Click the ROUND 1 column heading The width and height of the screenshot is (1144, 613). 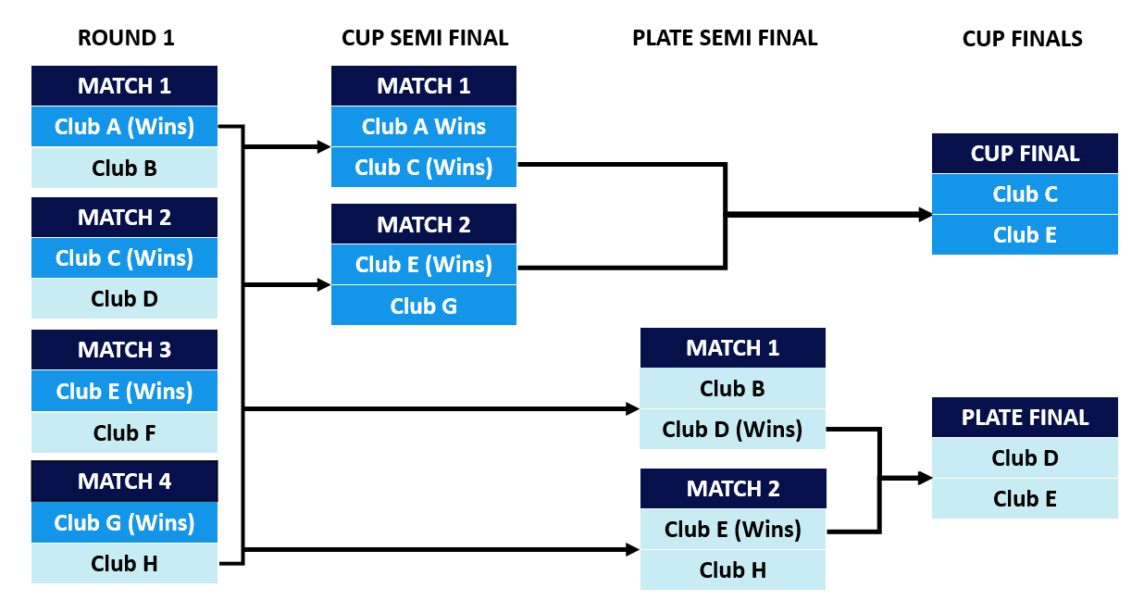(x=126, y=38)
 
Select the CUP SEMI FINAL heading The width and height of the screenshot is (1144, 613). (x=425, y=38)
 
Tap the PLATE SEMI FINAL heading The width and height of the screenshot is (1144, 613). (x=725, y=38)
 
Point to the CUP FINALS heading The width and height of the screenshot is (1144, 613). (x=1022, y=38)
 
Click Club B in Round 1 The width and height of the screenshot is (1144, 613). (x=124, y=169)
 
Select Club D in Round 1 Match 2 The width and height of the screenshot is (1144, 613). (x=124, y=299)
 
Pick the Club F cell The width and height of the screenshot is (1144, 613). (x=124, y=432)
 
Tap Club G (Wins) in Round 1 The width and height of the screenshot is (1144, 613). (x=124, y=522)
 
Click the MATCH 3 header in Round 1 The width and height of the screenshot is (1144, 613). (x=124, y=350)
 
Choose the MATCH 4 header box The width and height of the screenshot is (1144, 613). (x=124, y=482)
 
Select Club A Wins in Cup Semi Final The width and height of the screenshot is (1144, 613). (x=424, y=127)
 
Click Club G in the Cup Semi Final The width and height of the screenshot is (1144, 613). (x=424, y=306)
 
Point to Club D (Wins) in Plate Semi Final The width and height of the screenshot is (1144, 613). (x=732, y=430)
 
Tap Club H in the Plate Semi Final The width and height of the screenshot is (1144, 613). (x=732, y=570)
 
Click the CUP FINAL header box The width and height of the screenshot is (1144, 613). (x=1025, y=154)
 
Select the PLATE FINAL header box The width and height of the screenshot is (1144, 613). (x=1025, y=418)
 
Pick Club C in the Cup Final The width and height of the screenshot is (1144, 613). (x=1025, y=194)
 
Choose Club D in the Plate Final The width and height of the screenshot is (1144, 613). (x=1025, y=458)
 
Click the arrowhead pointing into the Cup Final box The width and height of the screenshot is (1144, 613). (x=925, y=215)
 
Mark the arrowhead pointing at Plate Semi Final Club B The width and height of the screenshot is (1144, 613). (x=633, y=408)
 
